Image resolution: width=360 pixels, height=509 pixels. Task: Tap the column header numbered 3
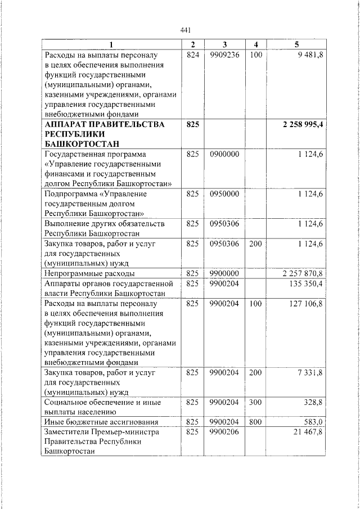click(x=224, y=44)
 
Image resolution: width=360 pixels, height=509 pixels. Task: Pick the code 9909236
click(x=224, y=56)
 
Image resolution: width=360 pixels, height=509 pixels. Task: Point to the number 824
click(x=192, y=56)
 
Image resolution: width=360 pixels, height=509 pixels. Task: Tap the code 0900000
click(x=224, y=154)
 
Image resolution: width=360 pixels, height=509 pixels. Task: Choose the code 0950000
click(x=224, y=193)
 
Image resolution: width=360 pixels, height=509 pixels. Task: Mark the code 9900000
click(x=224, y=273)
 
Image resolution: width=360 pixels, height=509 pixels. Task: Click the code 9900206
click(x=224, y=432)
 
